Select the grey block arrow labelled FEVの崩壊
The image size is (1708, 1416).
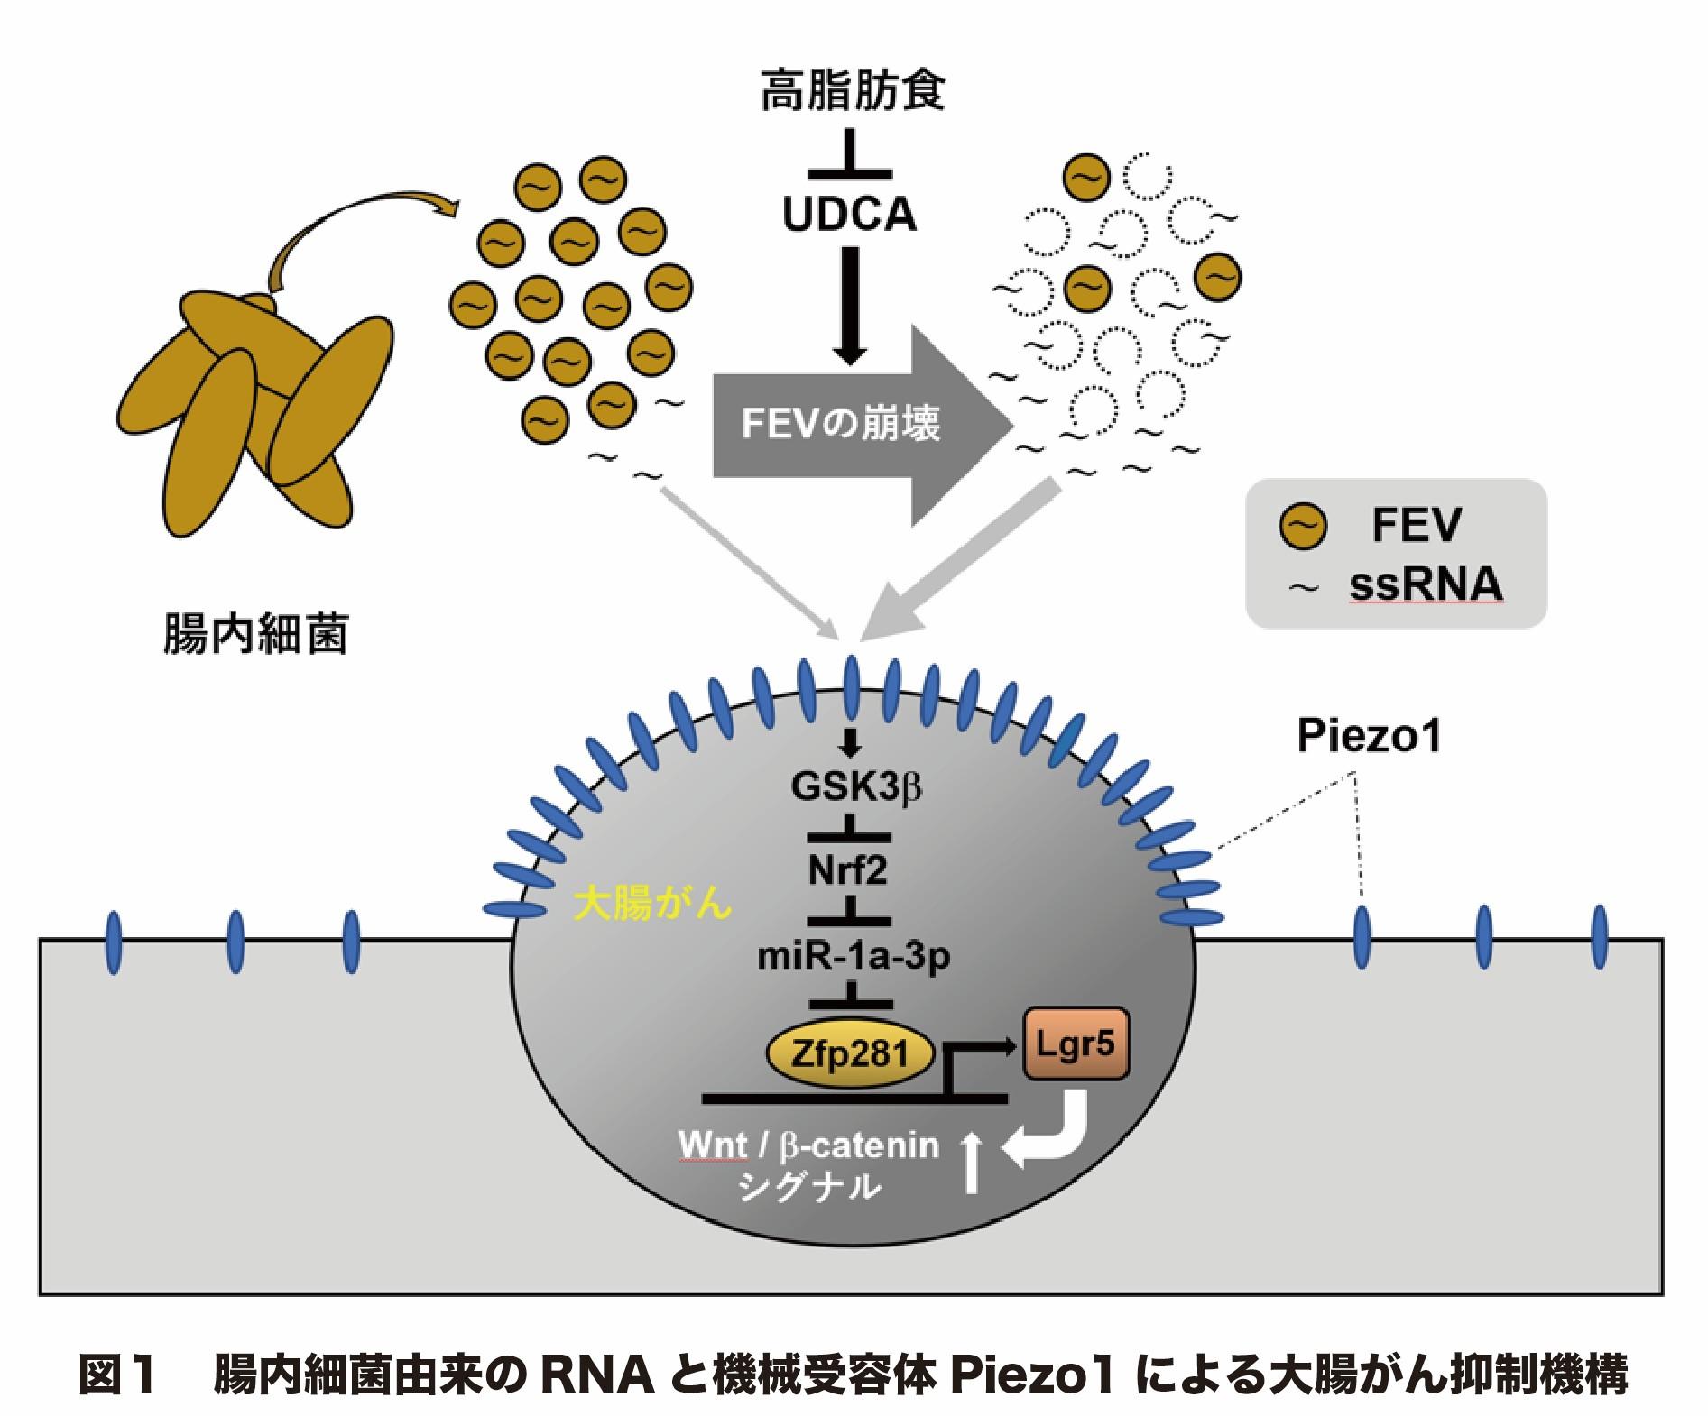click(x=857, y=425)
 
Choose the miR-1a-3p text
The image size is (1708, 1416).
click(x=853, y=958)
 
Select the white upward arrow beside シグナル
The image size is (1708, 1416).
click(x=971, y=1164)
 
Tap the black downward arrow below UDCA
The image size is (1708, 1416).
click(x=849, y=307)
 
